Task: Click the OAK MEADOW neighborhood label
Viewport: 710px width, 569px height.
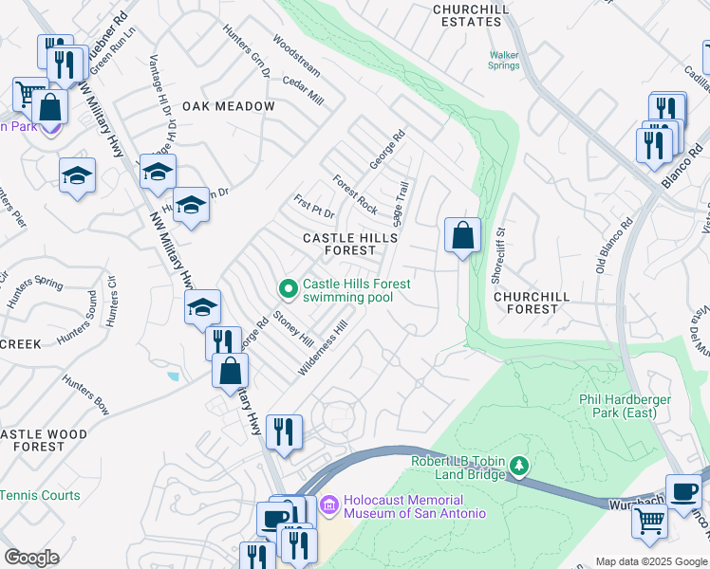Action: (229, 106)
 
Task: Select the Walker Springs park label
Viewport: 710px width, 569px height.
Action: (503, 61)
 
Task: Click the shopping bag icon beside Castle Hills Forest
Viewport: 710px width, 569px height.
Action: (462, 235)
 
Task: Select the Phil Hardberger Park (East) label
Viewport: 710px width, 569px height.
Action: (625, 406)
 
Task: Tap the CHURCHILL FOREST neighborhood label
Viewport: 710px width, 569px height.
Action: (532, 303)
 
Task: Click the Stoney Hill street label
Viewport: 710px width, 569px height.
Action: (293, 328)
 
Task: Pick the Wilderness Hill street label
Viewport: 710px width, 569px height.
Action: (323, 347)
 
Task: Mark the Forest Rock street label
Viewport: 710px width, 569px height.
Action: (355, 194)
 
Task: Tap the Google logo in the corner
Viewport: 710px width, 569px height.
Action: (31, 558)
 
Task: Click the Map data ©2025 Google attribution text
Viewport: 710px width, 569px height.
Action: (650, 561)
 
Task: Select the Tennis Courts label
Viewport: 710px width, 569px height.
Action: (40, 495)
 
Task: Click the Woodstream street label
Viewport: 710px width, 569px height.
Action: (296, 56)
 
